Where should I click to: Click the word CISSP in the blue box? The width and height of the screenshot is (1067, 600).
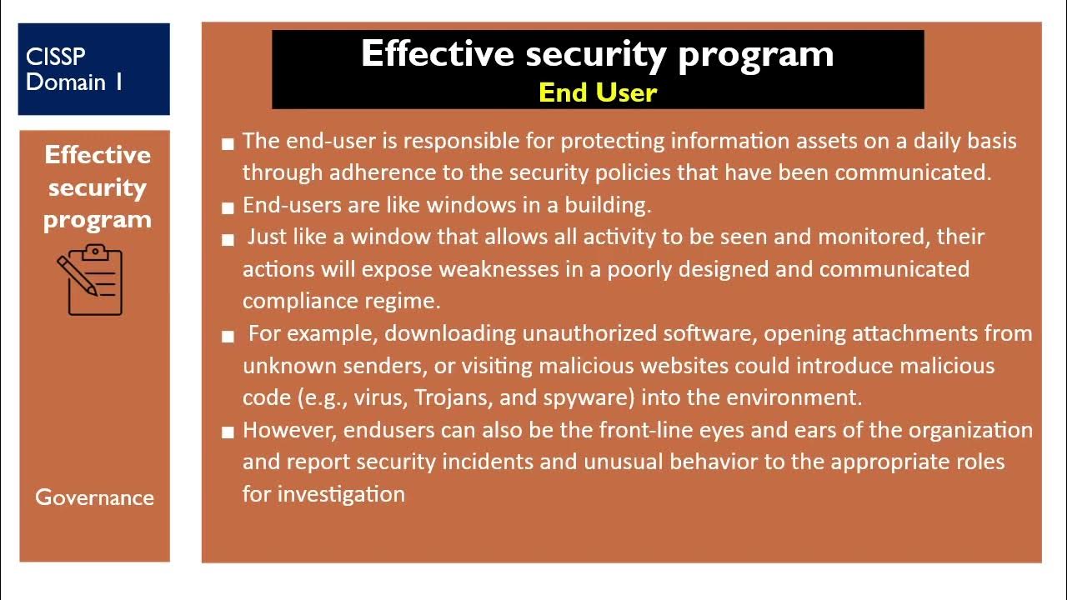pyautogui.click(x=56, y=57)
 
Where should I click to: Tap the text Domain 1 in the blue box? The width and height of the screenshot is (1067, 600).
pyautogui.click(x=74, y=82)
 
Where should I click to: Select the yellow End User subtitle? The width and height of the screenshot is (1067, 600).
pyautogui.click(x=598, y=92)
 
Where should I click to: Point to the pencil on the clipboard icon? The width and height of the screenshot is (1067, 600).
pyautogui.click(x=77, y=274)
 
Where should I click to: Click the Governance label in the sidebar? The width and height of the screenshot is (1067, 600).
pyautogui.click(x=94, y=497)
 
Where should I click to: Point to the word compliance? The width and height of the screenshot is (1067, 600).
pyautogui.click(x=296, y=301)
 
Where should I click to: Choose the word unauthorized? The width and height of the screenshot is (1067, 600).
pyautogui.click(x=589, y=333)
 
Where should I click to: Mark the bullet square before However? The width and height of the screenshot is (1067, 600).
pyautogui.click(x=228, y=432)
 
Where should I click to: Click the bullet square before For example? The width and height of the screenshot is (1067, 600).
pyautogui.click(x=228, y=336)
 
